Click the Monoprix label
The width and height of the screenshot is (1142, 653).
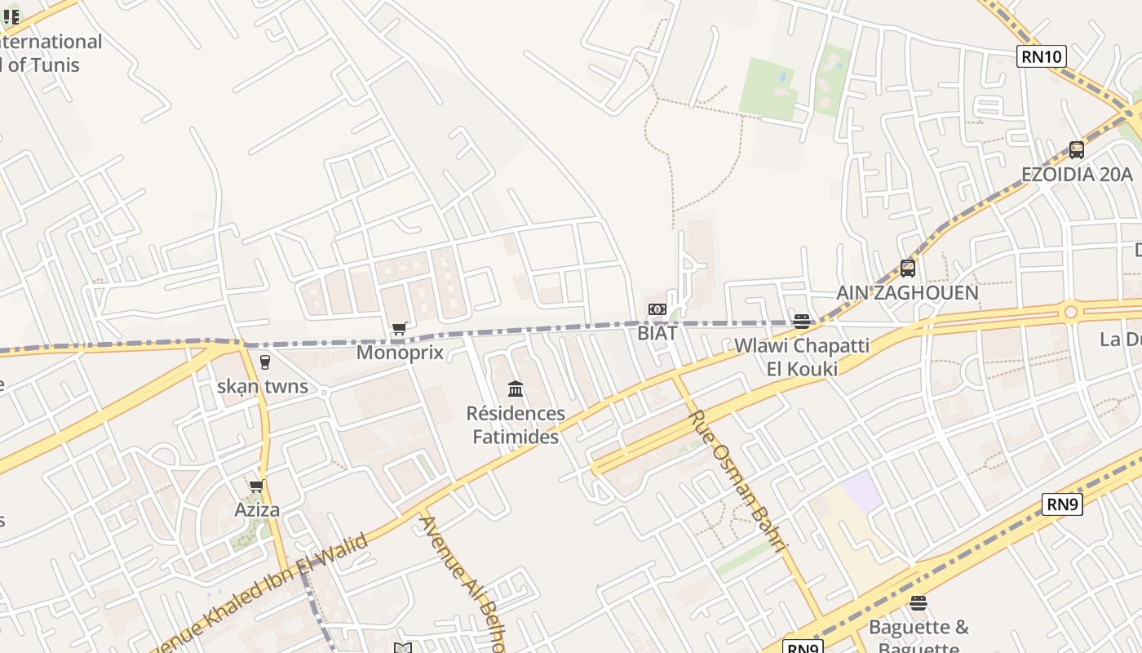400,353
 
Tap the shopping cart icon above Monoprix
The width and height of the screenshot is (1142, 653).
399,329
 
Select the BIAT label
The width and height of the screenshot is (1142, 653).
657,333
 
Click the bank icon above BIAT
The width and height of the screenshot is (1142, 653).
657,309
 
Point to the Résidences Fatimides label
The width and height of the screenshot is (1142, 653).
516,425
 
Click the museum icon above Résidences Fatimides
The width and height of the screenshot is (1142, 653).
516,389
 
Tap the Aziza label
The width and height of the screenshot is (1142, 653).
257,510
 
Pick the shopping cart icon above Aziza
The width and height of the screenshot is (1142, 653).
257,486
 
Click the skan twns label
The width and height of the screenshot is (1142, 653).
263,386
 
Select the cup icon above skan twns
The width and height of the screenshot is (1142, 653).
264,362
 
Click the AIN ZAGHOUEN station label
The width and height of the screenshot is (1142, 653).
907,293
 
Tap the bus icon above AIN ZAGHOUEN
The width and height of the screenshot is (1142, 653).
907,268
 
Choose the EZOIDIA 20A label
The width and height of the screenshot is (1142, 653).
1077,175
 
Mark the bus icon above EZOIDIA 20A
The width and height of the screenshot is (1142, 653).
1077,150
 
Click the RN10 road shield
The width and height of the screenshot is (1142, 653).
1042,56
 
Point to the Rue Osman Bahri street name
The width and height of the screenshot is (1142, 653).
737,481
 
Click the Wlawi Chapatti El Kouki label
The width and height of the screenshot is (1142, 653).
802,357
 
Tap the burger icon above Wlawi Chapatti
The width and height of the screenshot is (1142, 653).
802,322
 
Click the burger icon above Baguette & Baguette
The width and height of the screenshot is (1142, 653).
918,603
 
